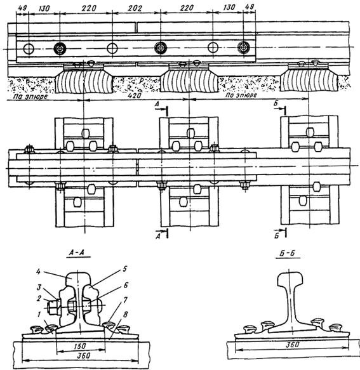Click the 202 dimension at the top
coord(135,8)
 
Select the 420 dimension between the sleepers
coord(134,96)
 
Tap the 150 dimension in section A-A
coord(79,346)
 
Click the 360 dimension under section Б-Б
coord(292,345)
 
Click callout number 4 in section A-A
coord(38,272)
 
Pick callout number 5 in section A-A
coord(124,268)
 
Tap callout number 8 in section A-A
coord(125,314)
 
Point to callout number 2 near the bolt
coord(39,298)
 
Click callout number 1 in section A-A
coord(39,314)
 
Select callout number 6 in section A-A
coord(126,286)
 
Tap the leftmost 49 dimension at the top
coord(22,8)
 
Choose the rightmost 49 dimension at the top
coord(250,6)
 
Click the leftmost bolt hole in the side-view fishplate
coord(29,49)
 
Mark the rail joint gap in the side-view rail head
coord(137,28)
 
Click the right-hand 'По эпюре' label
coord(241,95)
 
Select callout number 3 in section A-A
coord(39,287)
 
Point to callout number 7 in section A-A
coord(125,300)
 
